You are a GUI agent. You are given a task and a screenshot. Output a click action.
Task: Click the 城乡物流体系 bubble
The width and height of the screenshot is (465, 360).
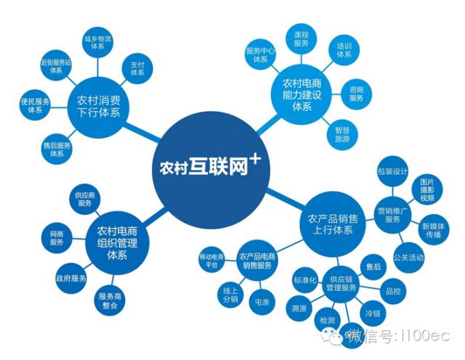coord(97,42)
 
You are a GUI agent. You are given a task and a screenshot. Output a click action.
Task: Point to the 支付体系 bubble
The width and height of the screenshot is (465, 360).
coord(137,69)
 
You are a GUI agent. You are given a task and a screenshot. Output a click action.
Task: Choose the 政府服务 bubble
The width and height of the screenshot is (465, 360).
coord(70,278)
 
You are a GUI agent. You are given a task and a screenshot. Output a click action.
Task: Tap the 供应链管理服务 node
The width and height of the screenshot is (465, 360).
coord(342,283)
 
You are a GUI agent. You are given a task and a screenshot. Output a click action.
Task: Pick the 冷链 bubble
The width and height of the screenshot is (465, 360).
coord(372,314)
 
